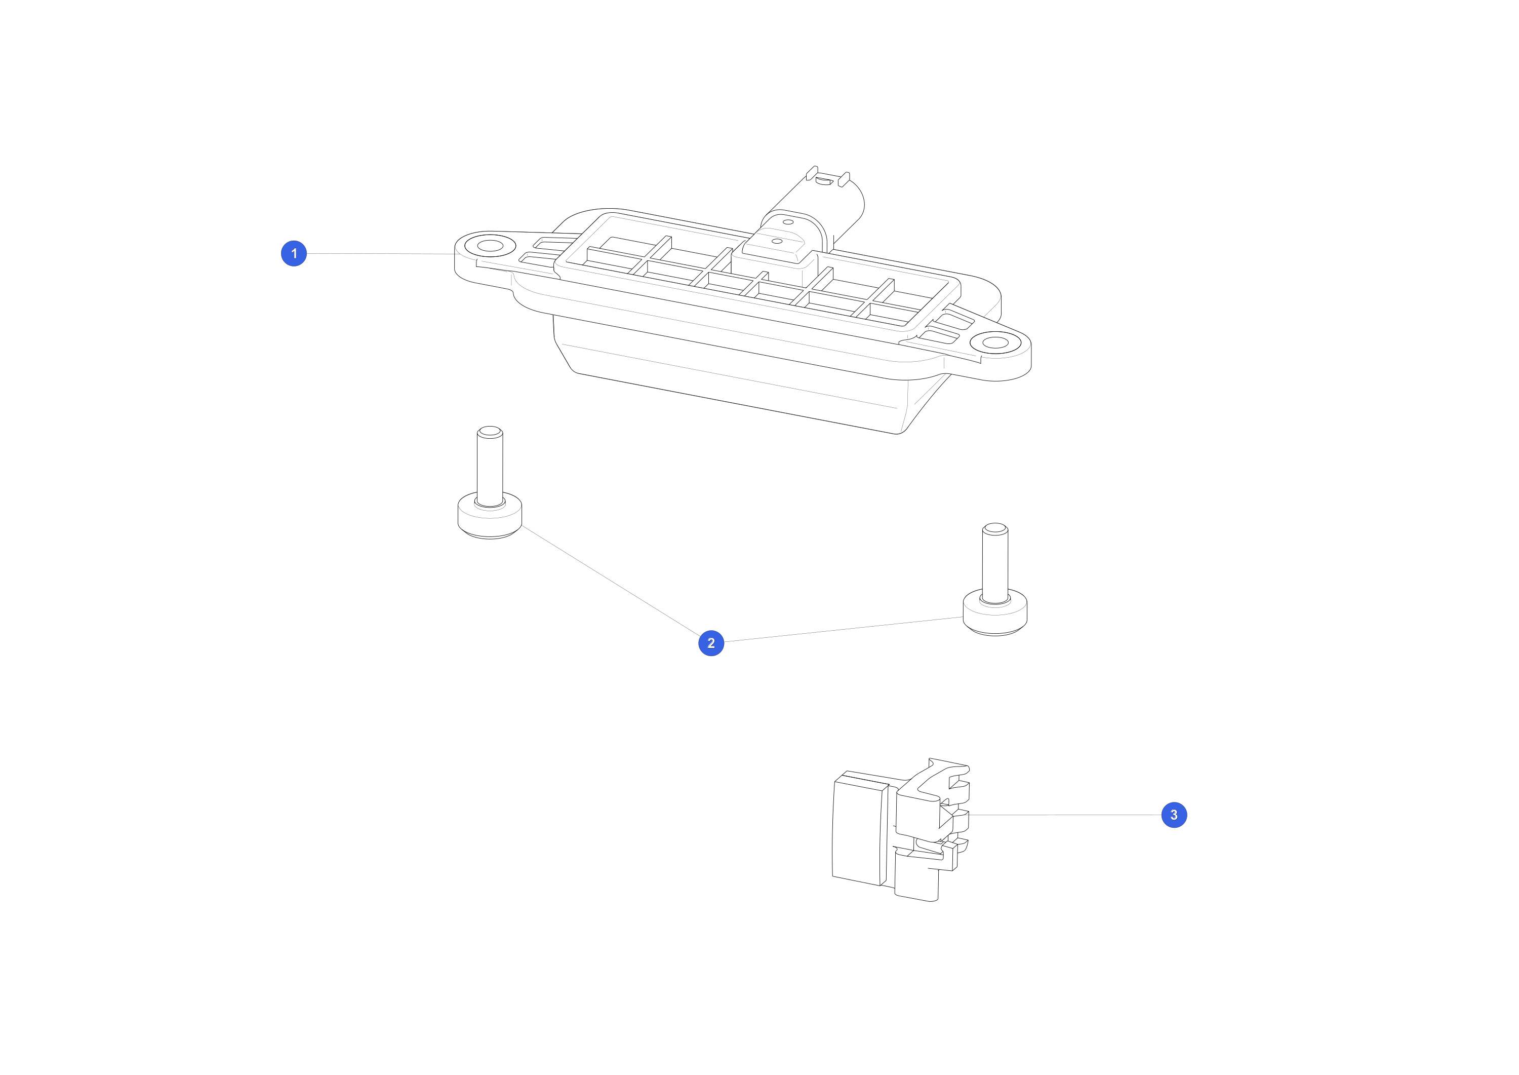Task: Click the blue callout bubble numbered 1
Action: (x=294, y=253)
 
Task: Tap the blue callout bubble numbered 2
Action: (x=711, y=643)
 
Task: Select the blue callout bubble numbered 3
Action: (x=1174, y=815)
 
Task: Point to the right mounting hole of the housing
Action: (x=995, y=343)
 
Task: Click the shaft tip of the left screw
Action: (x=490, y=432)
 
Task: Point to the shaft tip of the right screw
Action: (x=995, y=529)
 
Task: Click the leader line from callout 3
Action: (x=1065, y=815)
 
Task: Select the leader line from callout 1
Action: (x=382, y=253)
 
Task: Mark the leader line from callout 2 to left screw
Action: (x=611, y=581)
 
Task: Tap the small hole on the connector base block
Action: (x=777, y=241)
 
